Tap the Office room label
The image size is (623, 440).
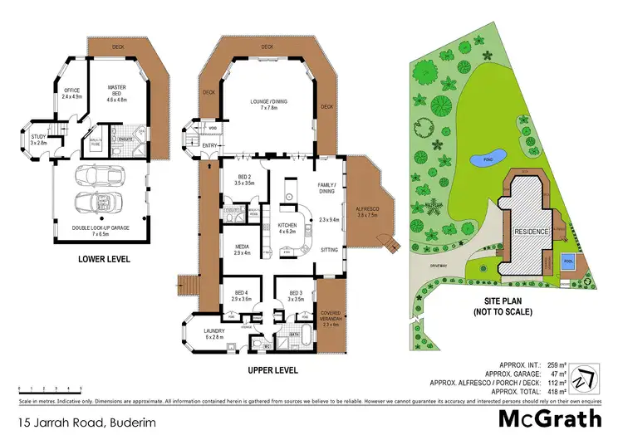(70, 93)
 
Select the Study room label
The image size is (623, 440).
(39, 139)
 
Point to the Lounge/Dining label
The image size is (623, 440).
(268, 105)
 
